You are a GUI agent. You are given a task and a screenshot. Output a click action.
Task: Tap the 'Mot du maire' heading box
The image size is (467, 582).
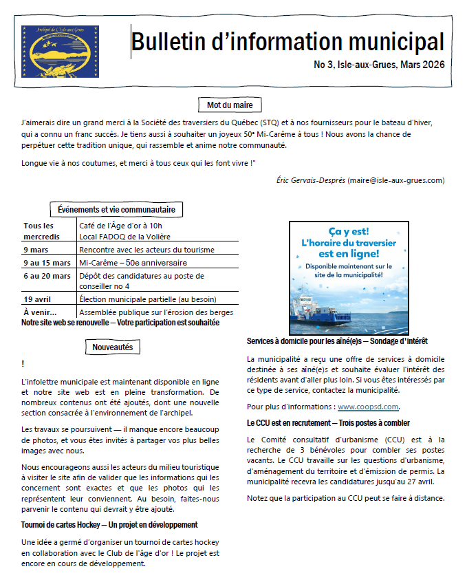[x=230, y=105]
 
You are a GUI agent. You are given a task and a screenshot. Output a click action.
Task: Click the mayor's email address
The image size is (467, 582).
[x=396, y=180]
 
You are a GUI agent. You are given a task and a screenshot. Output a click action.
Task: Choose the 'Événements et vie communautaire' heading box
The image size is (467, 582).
[x=116, y=210]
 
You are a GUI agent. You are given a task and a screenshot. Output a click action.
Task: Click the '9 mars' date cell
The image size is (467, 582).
[x=36, y=250]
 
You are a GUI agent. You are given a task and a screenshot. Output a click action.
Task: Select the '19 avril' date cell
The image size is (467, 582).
[x=38, y=299]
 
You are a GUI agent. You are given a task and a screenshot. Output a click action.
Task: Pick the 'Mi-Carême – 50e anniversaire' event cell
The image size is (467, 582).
[x=133, y=263]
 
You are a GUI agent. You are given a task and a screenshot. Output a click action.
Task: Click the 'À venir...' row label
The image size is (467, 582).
[x=40, y=312]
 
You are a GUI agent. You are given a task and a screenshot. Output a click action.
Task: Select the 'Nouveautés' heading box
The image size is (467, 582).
[x=113, y=347]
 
